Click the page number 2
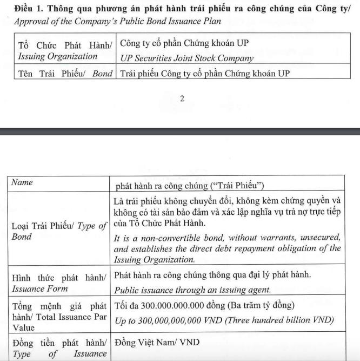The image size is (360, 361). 182,99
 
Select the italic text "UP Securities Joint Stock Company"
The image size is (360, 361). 186,58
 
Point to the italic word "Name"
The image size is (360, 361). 22,182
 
